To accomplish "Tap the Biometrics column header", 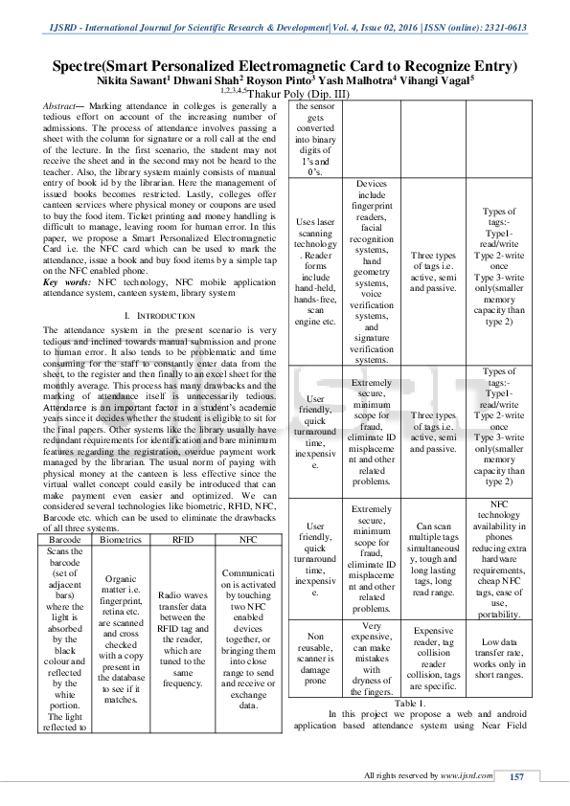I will [x=121, y=540].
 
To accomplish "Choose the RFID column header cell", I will [x=182, y=540].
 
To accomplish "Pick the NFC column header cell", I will [x=248, y=540].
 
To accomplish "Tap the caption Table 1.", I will [x=410, y=703].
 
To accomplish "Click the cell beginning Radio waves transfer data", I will [x=182, y=626].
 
